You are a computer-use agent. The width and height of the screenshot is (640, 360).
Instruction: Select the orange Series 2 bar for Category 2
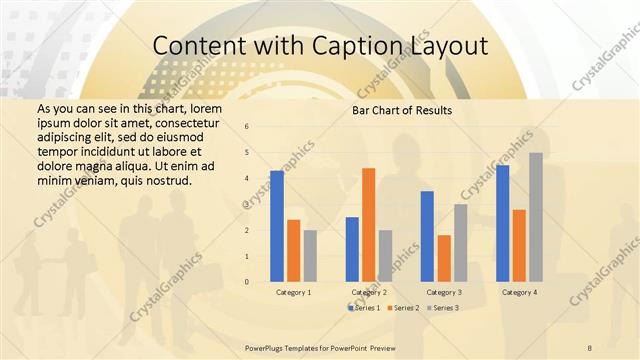coord(368,225)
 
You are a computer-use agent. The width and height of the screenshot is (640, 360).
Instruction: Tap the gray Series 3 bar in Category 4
coord(535,217)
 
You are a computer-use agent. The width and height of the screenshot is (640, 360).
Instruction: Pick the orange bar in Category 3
coord(444,258)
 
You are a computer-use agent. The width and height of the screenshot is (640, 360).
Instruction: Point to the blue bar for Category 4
coord(503,223)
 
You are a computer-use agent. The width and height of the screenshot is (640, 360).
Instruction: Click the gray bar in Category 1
coord(310,256)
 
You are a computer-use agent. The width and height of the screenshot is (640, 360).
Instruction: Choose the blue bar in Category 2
coord(352,249)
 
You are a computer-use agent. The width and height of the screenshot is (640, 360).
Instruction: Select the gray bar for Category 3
coord(460,243)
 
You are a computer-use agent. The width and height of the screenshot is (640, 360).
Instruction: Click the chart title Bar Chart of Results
coord(402,110)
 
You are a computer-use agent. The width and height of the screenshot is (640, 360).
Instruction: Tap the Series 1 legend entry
coord(365,308)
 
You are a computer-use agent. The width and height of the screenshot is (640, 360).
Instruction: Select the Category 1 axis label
coord(293,292)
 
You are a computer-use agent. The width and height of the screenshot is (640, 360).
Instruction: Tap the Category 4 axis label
coord(519,292)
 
